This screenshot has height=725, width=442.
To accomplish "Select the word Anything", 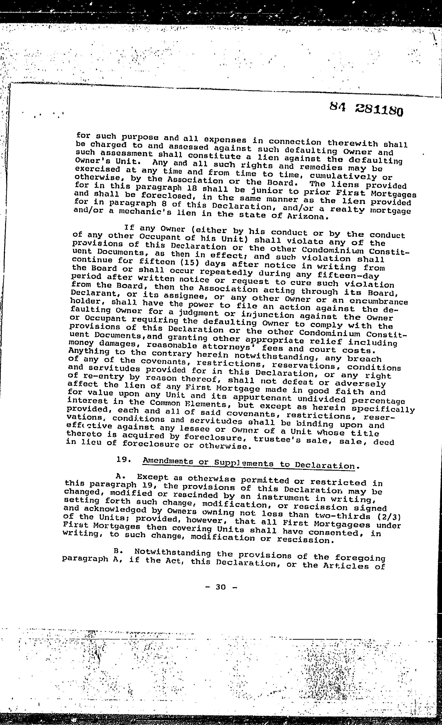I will point(89,351).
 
